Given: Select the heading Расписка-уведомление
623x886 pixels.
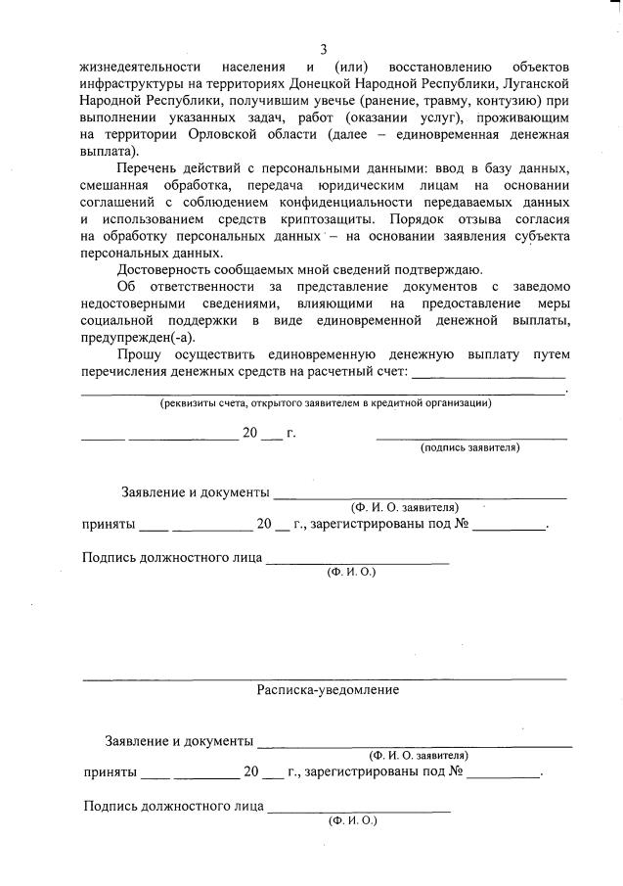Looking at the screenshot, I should (328, 689).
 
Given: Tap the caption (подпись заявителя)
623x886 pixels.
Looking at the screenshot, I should (469, 447).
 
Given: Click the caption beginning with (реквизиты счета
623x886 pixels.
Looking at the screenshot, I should (326, 402).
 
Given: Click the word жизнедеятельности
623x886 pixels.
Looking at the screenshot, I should (138, 68).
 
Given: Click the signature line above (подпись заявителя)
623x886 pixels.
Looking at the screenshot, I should (471, 436).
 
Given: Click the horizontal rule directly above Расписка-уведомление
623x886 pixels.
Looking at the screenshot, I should (324, 678).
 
